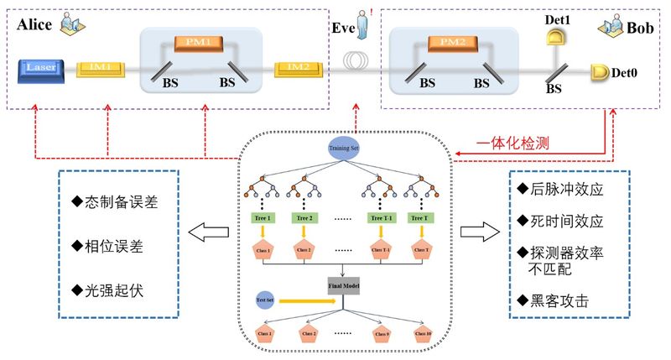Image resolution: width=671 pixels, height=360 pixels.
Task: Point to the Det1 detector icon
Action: tap(554, 34)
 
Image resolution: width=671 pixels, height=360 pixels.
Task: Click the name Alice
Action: tap(35, 24)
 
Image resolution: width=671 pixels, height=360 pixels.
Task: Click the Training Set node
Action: tap(345, 149)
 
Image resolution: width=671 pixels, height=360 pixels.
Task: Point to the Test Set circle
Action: tap(263, 297)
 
